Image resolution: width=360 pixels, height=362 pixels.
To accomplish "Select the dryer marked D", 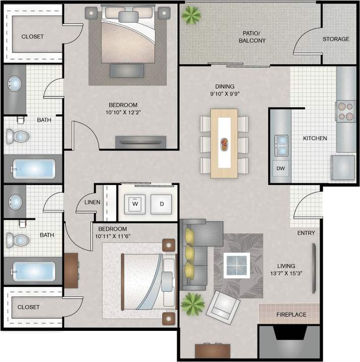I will click(162, 203).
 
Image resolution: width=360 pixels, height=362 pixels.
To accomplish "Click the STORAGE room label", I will click(336, 39).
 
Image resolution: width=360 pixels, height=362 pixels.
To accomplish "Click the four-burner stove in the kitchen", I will click(345, 111).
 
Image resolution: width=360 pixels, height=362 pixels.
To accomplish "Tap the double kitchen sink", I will click(281, 144).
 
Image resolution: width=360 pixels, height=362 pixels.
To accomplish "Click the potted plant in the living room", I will click(193, 304).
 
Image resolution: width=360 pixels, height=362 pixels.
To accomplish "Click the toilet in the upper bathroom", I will click(18, 136).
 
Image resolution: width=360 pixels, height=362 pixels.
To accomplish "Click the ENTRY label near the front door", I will click(306, 233).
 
